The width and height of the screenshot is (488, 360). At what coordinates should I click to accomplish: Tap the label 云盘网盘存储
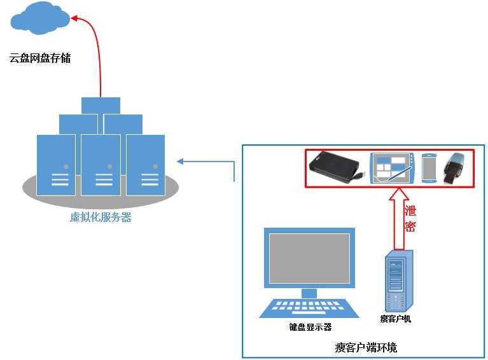click(39, 59)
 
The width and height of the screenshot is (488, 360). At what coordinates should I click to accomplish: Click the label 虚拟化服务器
click(100, 218)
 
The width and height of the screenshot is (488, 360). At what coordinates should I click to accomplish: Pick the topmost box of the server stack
click(101, 105)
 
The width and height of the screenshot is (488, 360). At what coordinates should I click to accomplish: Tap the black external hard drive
click(336, 169)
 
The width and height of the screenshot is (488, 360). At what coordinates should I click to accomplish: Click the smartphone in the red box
click(429, 169)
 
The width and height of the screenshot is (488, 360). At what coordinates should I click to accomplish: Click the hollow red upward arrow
click(399, 219)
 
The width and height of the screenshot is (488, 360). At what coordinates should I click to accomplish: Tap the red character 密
click(410, 226)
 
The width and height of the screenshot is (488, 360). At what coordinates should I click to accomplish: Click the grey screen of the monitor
click(309, 258)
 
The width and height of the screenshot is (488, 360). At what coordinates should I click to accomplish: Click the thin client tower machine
click(395, 280)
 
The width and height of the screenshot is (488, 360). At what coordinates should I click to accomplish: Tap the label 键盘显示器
click(310, 328)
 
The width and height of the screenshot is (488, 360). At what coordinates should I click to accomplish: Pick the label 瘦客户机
click(395, 319)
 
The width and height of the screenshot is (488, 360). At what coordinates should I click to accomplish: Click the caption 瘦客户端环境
click(366, 347)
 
